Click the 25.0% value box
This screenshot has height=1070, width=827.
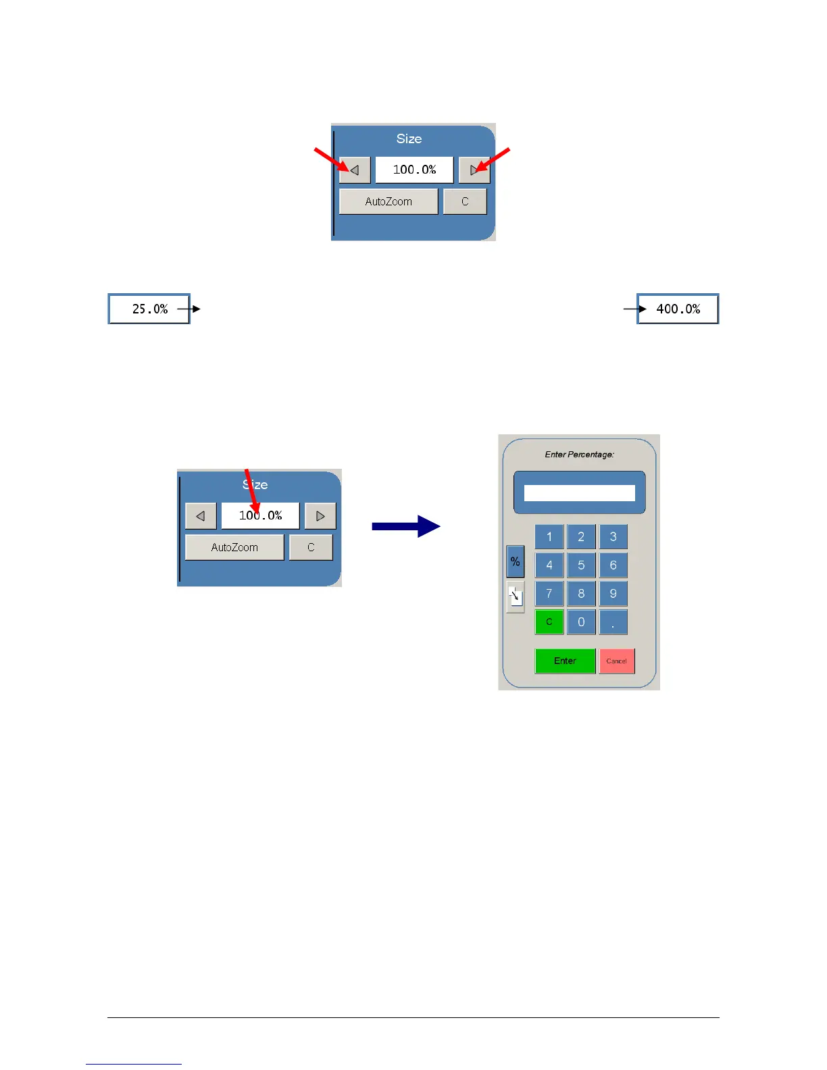[149, 309]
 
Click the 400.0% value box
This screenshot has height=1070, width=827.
[678, 309]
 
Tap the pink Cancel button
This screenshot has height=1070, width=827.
[616, 661]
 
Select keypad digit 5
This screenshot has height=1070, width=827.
[581, 565]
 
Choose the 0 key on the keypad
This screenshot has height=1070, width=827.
[581, 621]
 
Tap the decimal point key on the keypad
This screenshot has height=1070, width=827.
[613, 621]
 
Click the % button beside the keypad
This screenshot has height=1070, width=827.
[515, 561]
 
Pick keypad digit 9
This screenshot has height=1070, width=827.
[613, 593]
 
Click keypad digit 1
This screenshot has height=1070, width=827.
[549, 536]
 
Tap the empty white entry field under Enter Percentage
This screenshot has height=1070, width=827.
[579, 493]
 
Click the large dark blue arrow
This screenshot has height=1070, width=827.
[405, 526]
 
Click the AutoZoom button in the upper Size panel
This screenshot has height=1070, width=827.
[389, 201]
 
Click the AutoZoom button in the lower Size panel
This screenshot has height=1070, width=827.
[234, 547]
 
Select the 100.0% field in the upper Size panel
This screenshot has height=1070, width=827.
[414, 170]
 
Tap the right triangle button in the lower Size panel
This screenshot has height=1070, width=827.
[320, 515]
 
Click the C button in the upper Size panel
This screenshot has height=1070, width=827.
[465, 201]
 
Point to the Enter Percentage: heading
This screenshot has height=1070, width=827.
[579, 455]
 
